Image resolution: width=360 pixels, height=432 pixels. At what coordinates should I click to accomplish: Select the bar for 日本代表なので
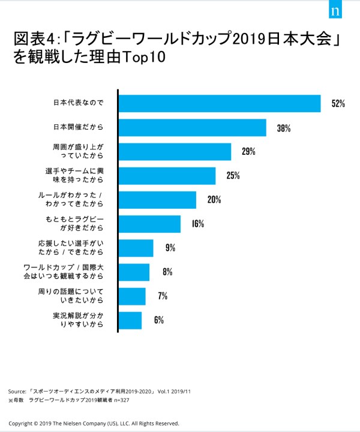[220, 103]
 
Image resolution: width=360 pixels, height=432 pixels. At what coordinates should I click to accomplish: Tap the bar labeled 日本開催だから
[192, 127]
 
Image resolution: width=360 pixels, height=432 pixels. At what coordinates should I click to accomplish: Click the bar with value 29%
[175, 151]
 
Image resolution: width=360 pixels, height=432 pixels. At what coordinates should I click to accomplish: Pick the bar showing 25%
[167, 175]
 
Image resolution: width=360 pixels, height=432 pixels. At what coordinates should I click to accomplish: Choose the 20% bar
[157, 200]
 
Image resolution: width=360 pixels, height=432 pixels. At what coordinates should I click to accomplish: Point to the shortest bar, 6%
[130, 320]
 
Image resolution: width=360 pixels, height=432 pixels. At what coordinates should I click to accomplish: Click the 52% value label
[338, 104]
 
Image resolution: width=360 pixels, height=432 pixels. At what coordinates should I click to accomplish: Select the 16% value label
[198, 224]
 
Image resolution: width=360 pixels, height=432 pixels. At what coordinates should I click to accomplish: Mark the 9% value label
[170, 248]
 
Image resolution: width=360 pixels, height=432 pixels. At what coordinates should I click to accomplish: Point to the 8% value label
[167, 272]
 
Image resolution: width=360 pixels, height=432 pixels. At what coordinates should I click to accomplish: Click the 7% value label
[163, 296]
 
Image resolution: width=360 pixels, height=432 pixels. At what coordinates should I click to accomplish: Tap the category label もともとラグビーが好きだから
[75, 224]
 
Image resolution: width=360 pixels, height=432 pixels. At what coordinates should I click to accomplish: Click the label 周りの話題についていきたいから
[74, 296]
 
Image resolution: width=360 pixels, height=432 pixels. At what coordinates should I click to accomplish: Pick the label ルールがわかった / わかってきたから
[74, 200]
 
